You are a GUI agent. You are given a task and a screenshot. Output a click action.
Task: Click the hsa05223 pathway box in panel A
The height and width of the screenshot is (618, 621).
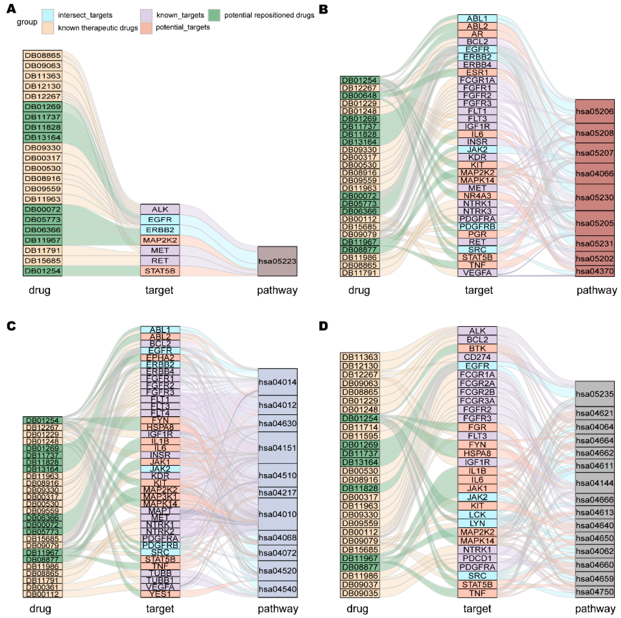277,261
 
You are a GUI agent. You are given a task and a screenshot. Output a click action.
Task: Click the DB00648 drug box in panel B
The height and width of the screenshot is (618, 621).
360,95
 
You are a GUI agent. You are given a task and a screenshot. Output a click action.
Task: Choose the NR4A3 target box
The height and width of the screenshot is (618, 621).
477,196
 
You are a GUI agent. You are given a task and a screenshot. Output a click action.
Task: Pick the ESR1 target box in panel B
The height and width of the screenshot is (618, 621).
477,72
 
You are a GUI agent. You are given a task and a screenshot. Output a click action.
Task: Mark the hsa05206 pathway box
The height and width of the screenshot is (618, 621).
595,111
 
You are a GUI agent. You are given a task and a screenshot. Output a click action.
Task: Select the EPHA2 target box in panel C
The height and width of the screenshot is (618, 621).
160,357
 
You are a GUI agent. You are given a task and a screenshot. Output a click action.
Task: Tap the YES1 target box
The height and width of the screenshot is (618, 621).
160,594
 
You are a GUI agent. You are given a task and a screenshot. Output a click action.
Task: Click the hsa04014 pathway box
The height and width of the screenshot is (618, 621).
277,382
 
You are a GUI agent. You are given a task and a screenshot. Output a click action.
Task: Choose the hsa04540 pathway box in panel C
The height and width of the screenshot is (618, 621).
277,589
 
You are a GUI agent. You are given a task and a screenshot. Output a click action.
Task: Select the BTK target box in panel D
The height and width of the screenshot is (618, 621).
477,348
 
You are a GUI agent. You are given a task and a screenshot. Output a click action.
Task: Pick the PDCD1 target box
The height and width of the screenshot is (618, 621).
477,558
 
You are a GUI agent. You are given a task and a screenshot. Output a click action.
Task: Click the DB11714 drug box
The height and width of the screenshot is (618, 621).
360,427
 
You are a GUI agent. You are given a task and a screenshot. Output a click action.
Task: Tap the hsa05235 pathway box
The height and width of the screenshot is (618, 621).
595,394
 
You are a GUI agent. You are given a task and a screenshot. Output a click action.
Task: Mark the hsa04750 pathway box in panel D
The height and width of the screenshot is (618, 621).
595,592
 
